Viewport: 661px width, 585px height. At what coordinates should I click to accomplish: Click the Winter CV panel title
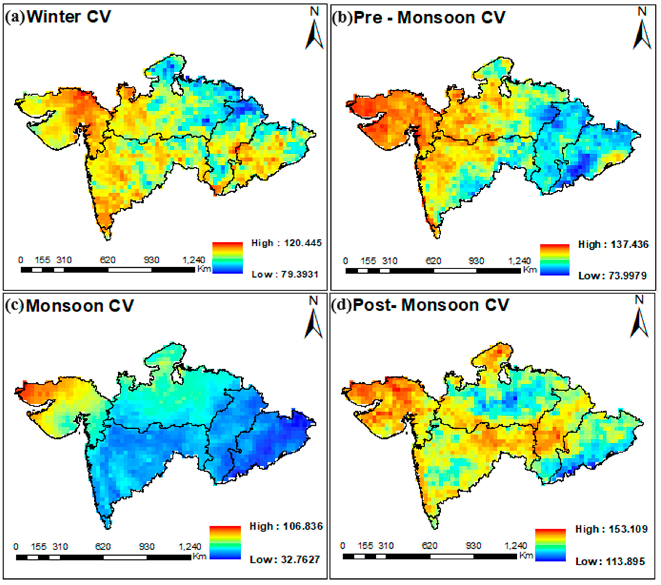(x=69, y=17)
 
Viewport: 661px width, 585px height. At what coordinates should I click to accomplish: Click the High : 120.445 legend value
(x=287, y=243)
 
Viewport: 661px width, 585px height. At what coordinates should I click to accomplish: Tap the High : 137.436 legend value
(x=613, y=244)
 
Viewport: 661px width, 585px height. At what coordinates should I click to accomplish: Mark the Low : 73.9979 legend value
(x=612, y=276)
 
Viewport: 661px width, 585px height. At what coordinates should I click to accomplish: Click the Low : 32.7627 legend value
(x=285, y=559)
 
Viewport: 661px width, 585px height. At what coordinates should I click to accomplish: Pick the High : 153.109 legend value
(x=611, y=529)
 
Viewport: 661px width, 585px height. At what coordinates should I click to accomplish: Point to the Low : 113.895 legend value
(x=610, y=561)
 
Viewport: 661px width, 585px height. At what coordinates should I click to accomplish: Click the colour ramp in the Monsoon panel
(x=225, y=543)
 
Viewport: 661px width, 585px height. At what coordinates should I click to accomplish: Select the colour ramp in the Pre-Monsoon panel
(x=555, y=260)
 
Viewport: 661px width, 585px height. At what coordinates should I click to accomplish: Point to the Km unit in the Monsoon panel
(x=199, y=556)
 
